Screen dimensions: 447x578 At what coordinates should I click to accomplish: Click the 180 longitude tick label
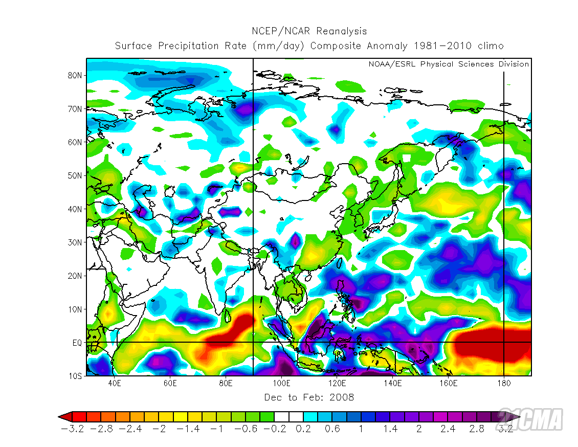(x=504, y=383)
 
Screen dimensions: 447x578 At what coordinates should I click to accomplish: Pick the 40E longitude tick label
(x=115, y=383)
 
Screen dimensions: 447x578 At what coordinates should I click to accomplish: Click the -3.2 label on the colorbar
(x=72, y=429)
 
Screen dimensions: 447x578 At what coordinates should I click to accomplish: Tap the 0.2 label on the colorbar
(x=303, y=429)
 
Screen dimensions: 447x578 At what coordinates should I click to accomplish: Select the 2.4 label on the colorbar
(x=448, y=429)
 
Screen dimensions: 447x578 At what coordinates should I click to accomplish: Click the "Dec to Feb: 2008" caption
(x=309, y=397)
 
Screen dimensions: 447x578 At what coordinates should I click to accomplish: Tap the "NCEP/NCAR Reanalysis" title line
(x=309, y=32)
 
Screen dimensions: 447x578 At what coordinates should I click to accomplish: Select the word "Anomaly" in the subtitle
(x=387, y=46)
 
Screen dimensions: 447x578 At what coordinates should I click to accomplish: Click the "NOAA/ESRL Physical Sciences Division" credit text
(x=449, y=64)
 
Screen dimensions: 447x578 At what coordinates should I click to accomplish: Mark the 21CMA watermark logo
(x=530, y=419)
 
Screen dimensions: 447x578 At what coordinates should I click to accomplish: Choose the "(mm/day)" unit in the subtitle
(x=279, y=46)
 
